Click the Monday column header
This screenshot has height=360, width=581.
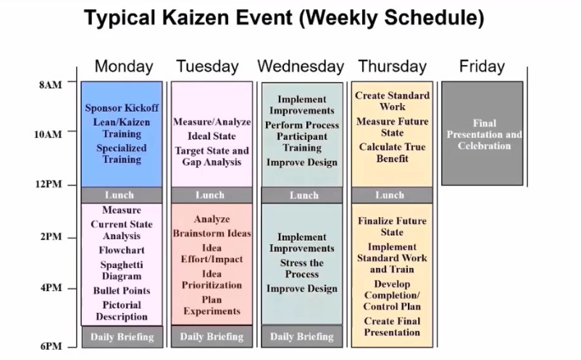[124, 67]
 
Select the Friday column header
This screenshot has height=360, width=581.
[482, 67]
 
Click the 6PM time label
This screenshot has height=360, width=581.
[50, 346]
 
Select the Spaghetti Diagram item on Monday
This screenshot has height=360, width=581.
[121, 271]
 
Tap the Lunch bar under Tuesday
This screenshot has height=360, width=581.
[210, 195]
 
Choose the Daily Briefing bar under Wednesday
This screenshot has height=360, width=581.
[302, 337]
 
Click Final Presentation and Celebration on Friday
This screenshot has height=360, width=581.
[483, 135]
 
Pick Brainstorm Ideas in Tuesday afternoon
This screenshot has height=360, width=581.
[212, 233]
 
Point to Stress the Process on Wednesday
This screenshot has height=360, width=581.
[302, 269]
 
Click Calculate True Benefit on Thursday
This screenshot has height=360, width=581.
[392, 153]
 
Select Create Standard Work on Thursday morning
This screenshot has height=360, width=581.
[392, 101]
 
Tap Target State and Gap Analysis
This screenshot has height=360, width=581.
[212, 156]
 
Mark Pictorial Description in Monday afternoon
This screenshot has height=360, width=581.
[121, 311]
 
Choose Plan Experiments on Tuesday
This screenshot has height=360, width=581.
[212, 306]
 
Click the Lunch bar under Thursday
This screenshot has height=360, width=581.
[390, 195]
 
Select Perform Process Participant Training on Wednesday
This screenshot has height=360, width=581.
[302, 136]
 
